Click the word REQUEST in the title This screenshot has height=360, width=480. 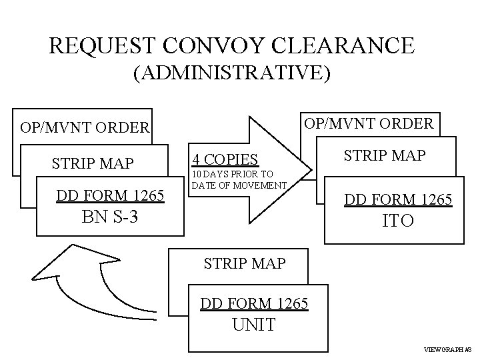103,45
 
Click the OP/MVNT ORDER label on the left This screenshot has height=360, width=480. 85,127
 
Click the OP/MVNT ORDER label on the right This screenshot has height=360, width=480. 369,123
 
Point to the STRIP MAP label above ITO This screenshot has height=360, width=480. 385,157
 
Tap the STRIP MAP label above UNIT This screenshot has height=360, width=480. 244,263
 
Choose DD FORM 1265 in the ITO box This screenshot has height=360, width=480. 398,199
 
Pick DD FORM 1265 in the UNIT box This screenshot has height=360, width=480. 254,304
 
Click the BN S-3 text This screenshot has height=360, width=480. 109,217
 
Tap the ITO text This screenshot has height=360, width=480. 398,221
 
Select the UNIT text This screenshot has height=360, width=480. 254,326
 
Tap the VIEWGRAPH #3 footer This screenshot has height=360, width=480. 447,349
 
